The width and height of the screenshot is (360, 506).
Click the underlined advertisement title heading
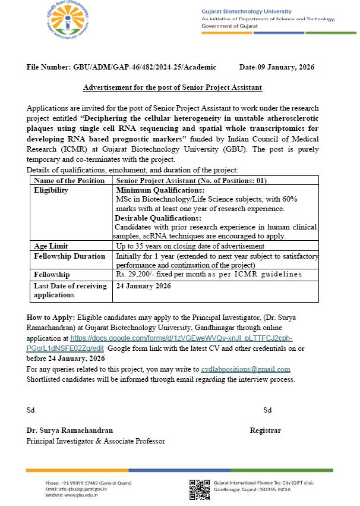(172, 87)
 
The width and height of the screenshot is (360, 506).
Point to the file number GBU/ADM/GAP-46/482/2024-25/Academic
(121, 68)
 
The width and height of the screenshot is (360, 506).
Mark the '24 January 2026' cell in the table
(143, 286)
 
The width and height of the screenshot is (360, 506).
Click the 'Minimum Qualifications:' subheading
(155, 190)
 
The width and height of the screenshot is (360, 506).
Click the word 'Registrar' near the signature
(265, 430)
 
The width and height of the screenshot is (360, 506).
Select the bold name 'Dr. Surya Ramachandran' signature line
(70, 430)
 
